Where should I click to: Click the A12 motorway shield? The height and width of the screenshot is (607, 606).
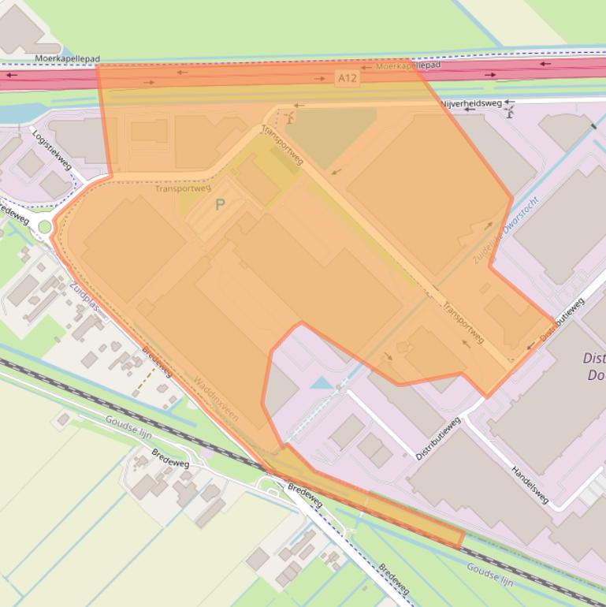pos(347,78)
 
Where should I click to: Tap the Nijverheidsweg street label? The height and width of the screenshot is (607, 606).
pos(471,103)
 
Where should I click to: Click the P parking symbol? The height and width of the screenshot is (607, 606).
pos(220,205)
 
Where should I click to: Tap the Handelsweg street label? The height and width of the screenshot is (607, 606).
pos(530,483)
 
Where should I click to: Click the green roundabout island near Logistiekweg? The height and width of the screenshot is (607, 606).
pos(45,227)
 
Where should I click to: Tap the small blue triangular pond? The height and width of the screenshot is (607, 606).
pos(322,383)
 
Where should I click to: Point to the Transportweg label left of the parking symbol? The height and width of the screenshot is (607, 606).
pos(183,188)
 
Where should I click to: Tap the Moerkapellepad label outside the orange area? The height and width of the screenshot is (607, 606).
pos(67,59)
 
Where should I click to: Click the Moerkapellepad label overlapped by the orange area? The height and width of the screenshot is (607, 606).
pos(407,66)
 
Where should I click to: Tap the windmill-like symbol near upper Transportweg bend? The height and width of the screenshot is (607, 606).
pos(292,117)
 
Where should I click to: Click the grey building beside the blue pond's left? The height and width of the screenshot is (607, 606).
pos(281,390)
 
